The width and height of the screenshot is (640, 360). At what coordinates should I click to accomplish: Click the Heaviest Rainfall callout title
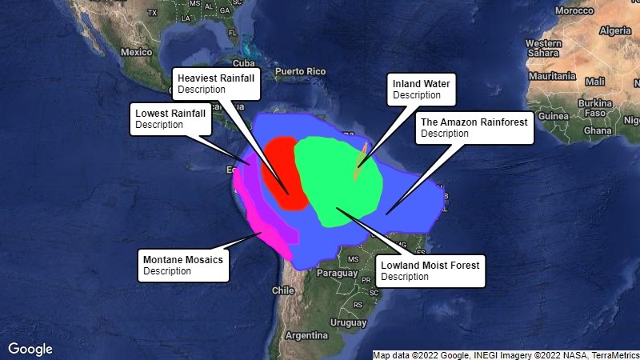[215, 78]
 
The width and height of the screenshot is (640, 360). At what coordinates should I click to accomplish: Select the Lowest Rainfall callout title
[170, 113]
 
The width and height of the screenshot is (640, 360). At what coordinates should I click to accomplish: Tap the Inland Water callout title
[421, 83]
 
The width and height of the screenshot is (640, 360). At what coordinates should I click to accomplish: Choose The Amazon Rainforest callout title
[474, 122]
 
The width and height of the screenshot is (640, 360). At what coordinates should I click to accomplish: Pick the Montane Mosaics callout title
[182, 259]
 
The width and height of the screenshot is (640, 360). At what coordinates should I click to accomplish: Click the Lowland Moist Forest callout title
[430, 265]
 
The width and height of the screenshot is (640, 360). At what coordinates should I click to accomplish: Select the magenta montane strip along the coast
[264, 229]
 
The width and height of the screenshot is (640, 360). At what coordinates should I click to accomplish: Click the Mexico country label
[136, 51]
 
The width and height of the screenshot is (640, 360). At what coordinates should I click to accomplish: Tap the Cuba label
[242, 62]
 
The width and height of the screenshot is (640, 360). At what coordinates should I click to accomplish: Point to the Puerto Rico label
[301, 71]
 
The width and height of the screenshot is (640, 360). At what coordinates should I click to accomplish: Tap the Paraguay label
[336, 272]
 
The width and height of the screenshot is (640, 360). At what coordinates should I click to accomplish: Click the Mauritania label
[552, 76]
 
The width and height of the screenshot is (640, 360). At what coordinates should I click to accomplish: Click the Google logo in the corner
[30, 349]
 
